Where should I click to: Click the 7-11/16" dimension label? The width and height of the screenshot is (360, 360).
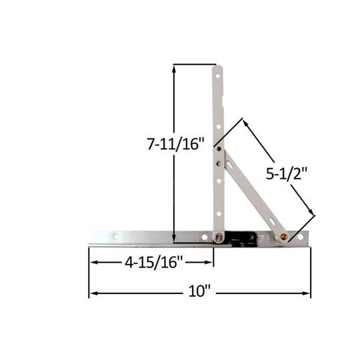(175, 143)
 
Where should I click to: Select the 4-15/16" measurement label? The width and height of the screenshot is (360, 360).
(153, 262)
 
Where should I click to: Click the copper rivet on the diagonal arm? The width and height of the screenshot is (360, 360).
(285, 236)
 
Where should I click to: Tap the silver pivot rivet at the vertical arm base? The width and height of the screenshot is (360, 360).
(218, 237)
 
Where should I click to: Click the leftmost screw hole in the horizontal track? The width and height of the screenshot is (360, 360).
(116, 236)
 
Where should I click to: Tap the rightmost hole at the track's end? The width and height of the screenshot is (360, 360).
(300, 236)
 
